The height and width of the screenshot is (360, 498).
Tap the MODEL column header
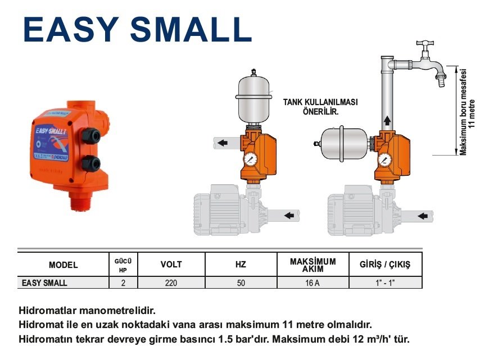[63, 265]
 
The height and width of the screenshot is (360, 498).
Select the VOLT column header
[171, 265]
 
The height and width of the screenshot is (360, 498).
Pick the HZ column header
[241, 265]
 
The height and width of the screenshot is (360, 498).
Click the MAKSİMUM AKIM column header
[313, 265]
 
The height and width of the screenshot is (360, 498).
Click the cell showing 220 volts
[171, 283]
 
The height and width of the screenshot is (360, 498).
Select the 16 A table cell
[313, 283]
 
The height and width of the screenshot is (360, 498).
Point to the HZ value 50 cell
[241, 283]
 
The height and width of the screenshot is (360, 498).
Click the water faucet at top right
[430, 65]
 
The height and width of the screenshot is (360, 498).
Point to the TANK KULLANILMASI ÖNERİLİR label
[320, 107]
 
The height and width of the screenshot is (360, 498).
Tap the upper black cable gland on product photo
[90, 135]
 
